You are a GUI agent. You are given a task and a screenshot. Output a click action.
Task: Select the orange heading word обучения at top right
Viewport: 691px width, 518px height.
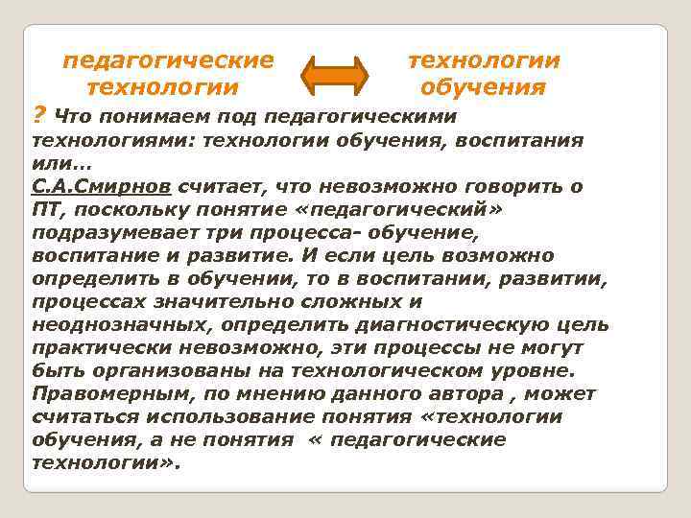(x=483, y=88)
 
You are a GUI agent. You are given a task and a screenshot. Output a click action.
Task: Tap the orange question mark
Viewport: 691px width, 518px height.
(x=38, y=116)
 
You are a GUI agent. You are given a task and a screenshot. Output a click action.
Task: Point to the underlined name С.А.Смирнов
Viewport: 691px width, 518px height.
(x=89, y=187)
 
